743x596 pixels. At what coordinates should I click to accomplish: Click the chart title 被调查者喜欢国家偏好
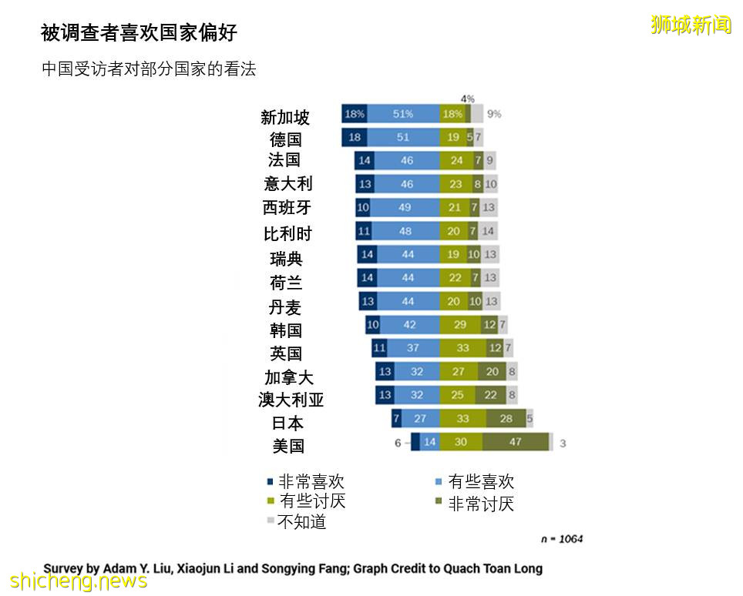pos(139,32)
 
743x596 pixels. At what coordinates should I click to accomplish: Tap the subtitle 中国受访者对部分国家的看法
pos(149,69)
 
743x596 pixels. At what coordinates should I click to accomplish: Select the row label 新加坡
pos(285,117)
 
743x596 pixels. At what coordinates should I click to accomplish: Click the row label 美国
pos(288,446)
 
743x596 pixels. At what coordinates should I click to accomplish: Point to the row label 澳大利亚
pos(291,400)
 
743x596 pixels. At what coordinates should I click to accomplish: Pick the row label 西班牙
pos(287,208)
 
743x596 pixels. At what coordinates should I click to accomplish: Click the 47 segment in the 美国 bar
pos(516,443)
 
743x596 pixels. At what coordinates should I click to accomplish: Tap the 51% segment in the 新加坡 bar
pos(403,114)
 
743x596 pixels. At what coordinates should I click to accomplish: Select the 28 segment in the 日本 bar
pos(506,419)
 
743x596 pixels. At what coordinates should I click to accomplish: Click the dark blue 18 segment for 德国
pos(355,137)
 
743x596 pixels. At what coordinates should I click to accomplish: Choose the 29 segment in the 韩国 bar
pos(461,325)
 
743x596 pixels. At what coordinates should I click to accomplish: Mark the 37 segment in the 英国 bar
pos(413,348)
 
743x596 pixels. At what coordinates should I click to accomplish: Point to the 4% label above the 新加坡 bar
pos(467,99)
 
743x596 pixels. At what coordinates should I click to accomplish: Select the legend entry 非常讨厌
pos(480,504)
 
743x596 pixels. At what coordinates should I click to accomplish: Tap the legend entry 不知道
pos(301,522)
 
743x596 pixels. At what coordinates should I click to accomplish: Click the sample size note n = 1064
pos(561,539)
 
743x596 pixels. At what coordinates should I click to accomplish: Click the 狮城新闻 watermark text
pos(691,25)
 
